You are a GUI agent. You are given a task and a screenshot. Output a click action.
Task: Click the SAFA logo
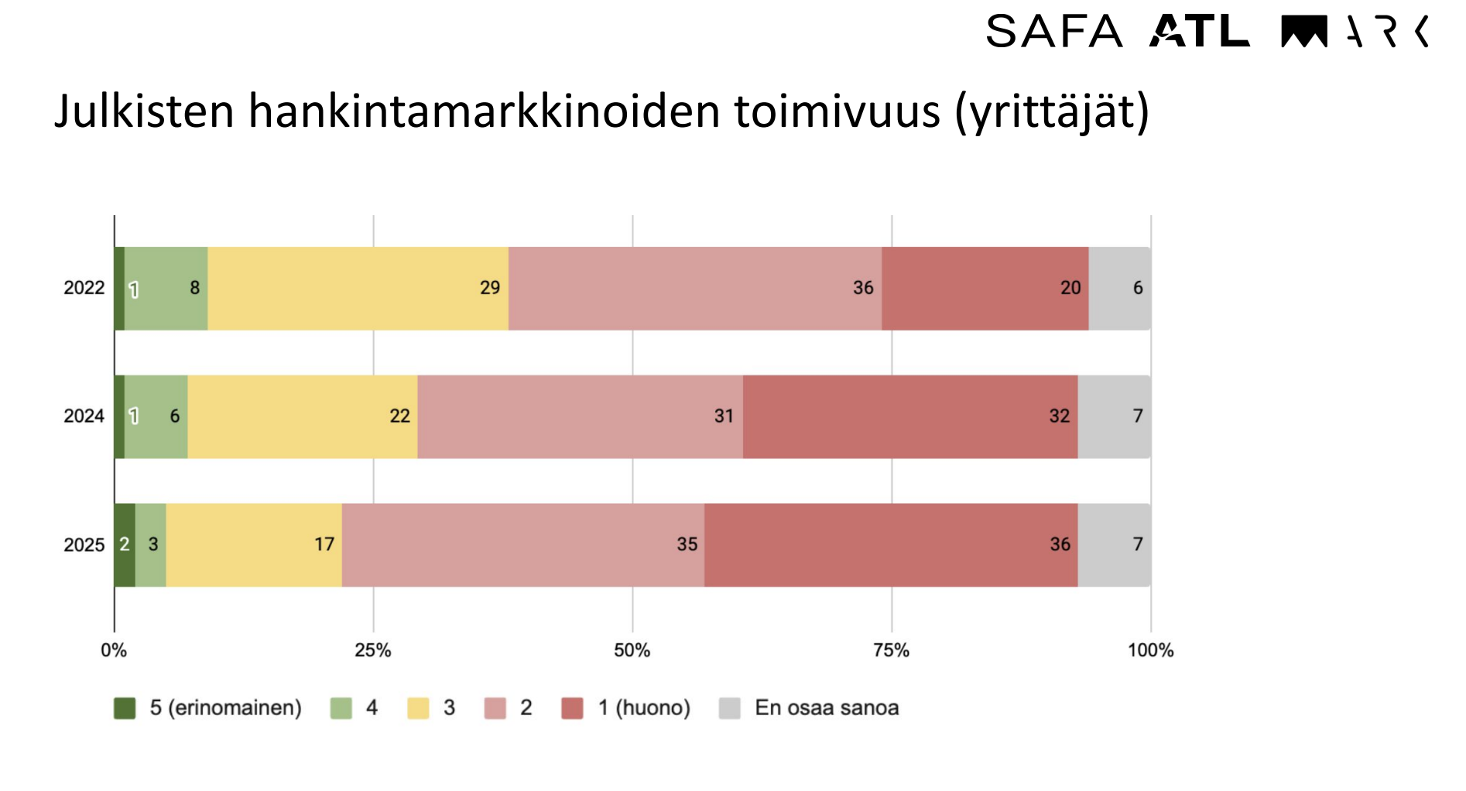[x=1053, y=32]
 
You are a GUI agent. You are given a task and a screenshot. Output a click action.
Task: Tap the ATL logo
[x=1199, y=32]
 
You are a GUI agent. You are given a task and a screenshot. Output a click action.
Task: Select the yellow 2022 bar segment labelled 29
[x=358, y=288]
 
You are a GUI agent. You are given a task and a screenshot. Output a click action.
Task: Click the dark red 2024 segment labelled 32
[x=909, y=416]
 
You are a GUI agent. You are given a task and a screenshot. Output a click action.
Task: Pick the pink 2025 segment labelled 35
[x=522, y=545]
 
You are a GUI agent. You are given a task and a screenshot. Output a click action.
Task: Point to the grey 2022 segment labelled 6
[x=1119, y=288]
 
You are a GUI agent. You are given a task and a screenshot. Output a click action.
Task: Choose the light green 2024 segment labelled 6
[x=156, y=416]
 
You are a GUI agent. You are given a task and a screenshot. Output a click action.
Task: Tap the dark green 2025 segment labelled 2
[x=125, y=545]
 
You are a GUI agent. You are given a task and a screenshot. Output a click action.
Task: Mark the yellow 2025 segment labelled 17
[x=254, y=545]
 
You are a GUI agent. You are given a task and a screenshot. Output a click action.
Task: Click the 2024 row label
[x=84, y=416]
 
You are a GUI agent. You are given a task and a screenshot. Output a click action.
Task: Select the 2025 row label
[x=84, y=545]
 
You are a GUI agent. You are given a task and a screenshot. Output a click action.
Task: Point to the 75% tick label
[x=891, y=650]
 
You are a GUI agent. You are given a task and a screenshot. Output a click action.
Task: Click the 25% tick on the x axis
[x=373, y=650]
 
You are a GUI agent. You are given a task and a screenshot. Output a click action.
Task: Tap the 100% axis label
[x=1150, y=650]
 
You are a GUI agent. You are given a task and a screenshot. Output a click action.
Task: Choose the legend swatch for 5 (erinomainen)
[x=125, y=708]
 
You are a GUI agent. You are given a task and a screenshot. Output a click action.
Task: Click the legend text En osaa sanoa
[x=827, y=708]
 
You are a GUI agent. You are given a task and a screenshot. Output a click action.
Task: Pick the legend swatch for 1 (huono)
[x=572, y=708]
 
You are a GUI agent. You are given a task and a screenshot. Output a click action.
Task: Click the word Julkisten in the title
[x=144, y=111]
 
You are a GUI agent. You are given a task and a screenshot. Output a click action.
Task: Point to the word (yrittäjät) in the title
[x=1052, y=111]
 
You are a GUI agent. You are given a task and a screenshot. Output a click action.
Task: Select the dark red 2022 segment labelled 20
[x=985, y=288]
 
